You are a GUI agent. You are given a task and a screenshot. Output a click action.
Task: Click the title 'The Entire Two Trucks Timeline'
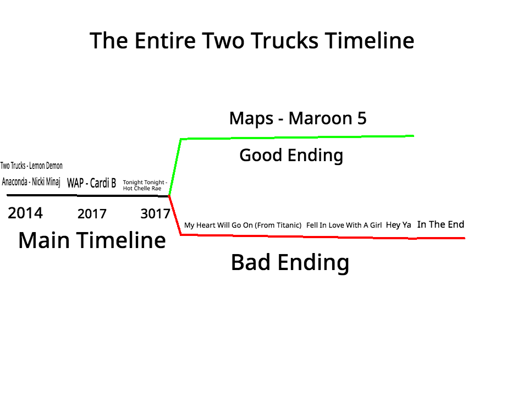click(x=252, y=41)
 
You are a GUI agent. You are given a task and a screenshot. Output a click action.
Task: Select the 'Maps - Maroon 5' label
click(x=298, y=118)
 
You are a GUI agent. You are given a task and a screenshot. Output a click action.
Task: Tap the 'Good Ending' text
click(x=291, y=155)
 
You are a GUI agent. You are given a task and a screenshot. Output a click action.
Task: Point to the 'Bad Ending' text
click(x=290, y=262)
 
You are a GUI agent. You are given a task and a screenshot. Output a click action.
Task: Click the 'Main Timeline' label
click(x=92, y=240)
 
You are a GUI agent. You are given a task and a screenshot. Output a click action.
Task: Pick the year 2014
click(x=25, y=213)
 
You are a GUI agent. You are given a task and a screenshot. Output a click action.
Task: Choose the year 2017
click(x=92, y=214)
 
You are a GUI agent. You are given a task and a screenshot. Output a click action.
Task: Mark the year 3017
click(x=155, y=214)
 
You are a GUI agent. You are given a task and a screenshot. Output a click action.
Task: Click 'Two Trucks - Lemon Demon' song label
click(x=31, y=166)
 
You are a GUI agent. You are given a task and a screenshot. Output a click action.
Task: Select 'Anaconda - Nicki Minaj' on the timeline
click(x=31, y=182)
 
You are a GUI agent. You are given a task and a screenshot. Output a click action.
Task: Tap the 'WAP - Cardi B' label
click(x=91, y=183)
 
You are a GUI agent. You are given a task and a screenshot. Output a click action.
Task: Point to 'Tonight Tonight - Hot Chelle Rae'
click(x=145, y=185)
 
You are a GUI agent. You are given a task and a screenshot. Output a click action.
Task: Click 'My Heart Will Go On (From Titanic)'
click(x=243, y=225)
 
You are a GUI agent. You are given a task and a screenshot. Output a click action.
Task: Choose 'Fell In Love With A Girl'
click(x=344, y=225)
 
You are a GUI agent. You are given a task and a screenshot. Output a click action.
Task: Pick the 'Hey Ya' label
click(x=398, y=225)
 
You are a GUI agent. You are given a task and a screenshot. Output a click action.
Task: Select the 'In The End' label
click(x=441, y=224)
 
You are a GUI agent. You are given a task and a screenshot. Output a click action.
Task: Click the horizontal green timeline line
click(x=297, y=137)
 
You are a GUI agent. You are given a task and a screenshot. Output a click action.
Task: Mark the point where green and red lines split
click(x=169, y=195)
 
